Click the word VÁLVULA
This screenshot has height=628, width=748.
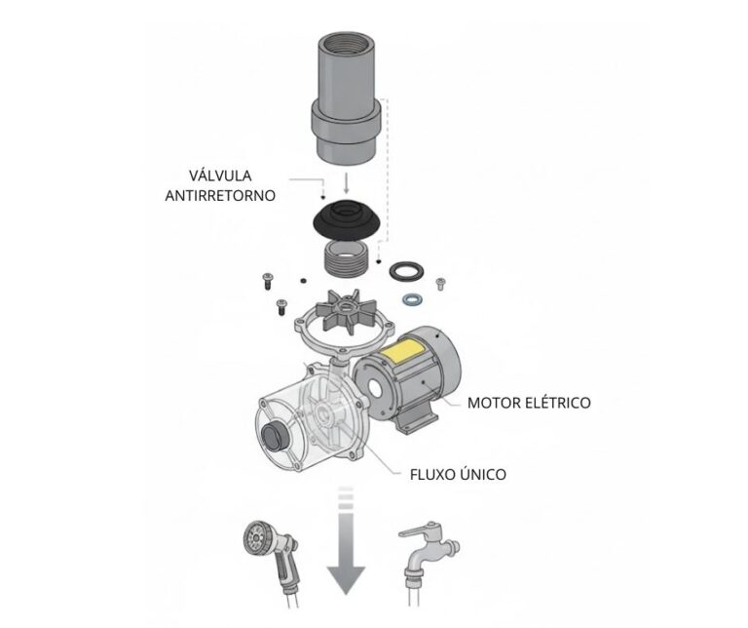coord(219,176)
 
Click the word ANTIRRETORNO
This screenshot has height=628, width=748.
coord(219,195)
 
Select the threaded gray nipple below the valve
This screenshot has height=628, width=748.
coord(347,261)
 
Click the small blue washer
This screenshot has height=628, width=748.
coord(413,297)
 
